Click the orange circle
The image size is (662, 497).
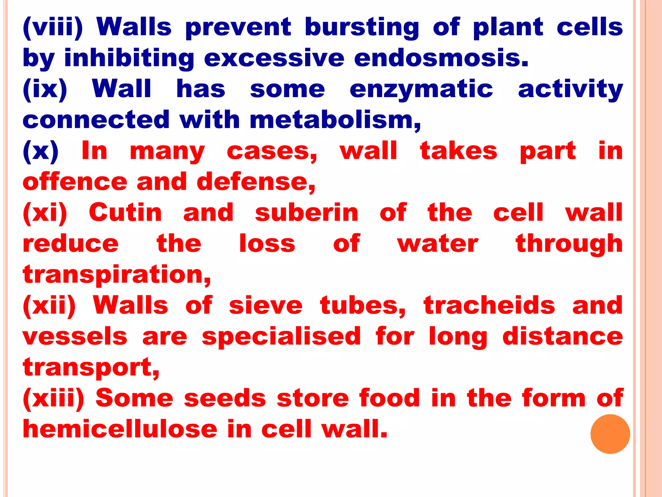610,434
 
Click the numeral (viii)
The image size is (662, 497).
53,28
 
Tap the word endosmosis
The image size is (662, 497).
441,58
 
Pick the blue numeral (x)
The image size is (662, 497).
41,151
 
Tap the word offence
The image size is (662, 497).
75,182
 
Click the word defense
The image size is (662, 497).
255,182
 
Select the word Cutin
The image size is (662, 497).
125,213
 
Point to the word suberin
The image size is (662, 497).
306,213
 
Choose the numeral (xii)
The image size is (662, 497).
49,306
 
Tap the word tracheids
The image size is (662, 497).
489,306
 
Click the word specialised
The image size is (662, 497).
281,337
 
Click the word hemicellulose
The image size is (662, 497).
120,429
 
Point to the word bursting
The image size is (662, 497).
362,28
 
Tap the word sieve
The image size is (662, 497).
266,306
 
